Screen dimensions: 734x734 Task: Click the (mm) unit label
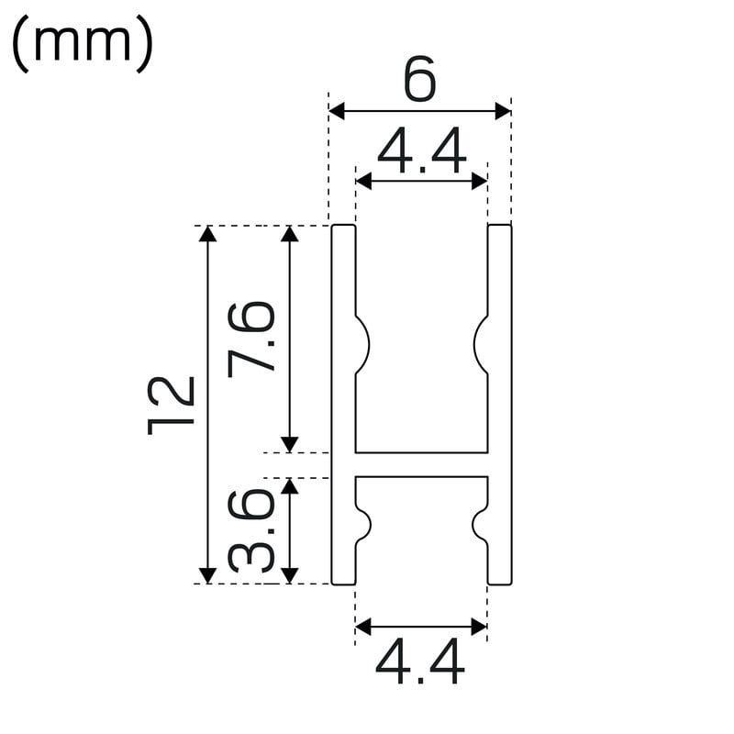82,43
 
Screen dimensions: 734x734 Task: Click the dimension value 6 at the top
420,79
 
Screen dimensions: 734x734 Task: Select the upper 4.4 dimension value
422,150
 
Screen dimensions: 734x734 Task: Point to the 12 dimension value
171,406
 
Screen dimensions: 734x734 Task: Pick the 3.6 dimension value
250,531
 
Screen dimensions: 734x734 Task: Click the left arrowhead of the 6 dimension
337,111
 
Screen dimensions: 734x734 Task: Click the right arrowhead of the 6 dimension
503,111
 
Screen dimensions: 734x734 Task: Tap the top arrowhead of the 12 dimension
207,234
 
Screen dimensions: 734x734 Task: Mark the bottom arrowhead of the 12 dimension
207,576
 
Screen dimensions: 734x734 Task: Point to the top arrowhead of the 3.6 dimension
289,486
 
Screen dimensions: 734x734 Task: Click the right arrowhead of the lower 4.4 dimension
479,627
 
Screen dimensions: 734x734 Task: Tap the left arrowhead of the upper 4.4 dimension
363,181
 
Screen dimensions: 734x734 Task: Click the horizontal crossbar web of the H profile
421,465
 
